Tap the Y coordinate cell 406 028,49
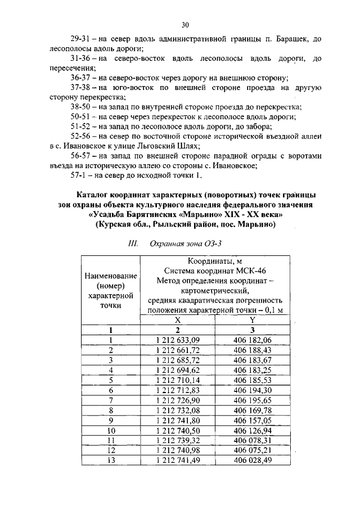coord(252,461)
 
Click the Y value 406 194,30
coord(252,390)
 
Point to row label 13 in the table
coord(111,461)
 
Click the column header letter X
coord(178,319)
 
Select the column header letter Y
coord(252,319)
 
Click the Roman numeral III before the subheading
coord(133,245)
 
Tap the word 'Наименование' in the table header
coord(111,276)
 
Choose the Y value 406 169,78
coord(252,410)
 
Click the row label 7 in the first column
coord(111,400)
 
